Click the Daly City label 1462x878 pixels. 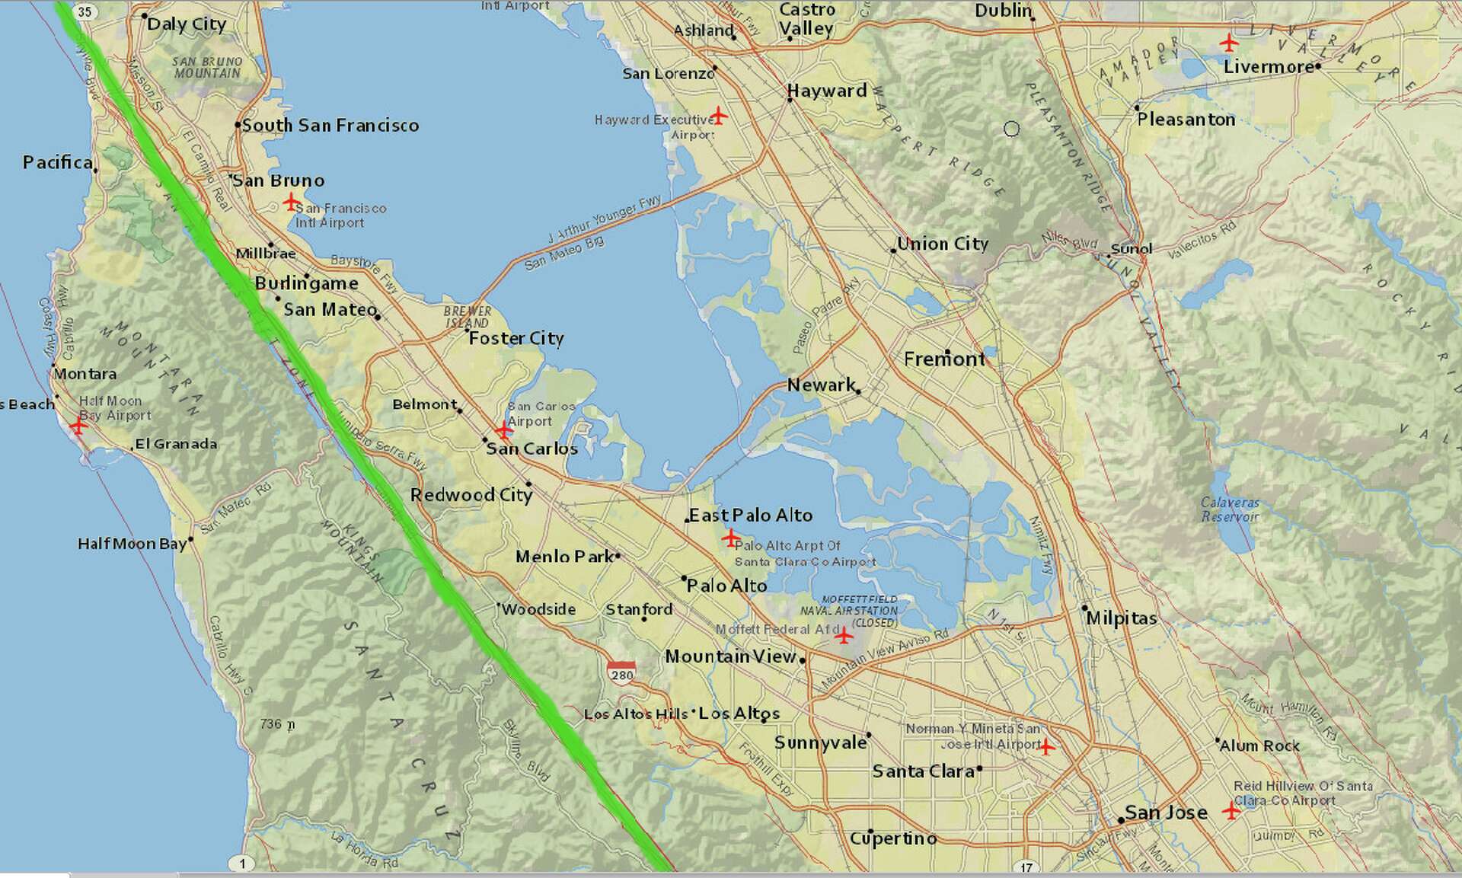click(187, 24)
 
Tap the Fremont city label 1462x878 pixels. click(944, 359)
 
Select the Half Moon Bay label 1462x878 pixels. click(132, 544)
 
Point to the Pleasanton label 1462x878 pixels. click(1186, 120)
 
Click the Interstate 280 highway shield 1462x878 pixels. click(621, 672)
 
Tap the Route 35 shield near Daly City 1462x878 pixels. click(85, 11)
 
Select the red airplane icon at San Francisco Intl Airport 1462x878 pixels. click(290, 202)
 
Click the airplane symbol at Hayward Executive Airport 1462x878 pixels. click(718, 117)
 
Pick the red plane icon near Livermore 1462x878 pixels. click(1228, 43)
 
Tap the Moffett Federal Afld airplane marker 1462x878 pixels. click(844, 634)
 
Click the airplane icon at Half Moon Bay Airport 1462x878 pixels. click(78, 425)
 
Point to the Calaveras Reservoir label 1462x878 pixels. click(1230, 509)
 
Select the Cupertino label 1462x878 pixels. click(893, 838)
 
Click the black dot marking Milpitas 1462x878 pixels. click(1085, 608)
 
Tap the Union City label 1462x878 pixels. click(943, 244)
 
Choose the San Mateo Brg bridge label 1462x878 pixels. click(564, 253)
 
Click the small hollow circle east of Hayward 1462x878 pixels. click(1011, 129)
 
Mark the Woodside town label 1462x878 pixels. click(538, 609)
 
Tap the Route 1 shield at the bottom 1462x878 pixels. click(242, 863)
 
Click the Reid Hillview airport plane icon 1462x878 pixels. click(1231, 810)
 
